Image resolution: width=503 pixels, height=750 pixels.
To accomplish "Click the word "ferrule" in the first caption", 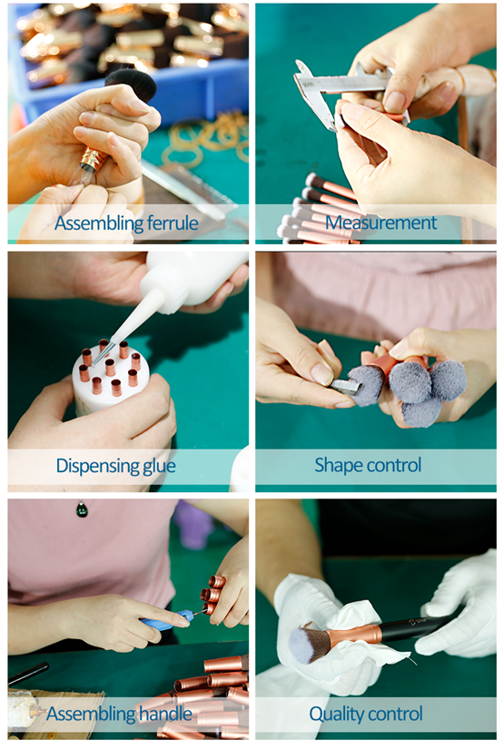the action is coord(173,223).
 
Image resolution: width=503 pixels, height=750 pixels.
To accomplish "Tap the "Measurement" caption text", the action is coord(380,222).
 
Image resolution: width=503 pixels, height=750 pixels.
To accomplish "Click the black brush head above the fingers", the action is coord(132,84).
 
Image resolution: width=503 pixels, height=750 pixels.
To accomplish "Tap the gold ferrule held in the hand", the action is coord(94,159).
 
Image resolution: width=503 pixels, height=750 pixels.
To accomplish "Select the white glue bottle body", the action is coord(196,278).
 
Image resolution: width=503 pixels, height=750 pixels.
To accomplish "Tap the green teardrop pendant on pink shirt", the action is coord(83,508).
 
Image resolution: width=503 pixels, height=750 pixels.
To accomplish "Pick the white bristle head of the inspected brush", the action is coord(308,646).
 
